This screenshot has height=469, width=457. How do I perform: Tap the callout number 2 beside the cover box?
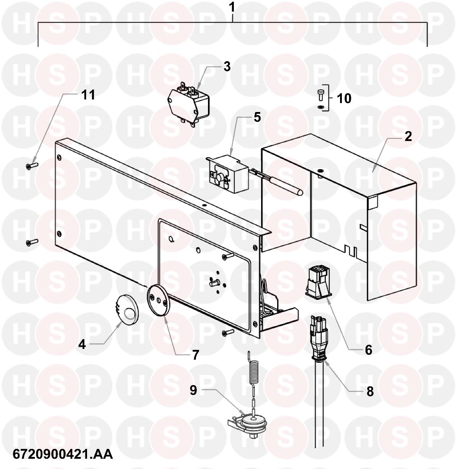(408, 137)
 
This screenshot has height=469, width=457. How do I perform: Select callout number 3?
(227, 66)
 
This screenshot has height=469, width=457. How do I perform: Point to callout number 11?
(88, 95)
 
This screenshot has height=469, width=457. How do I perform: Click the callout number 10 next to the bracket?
(344, 99)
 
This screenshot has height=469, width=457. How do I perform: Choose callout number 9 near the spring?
(194, 390)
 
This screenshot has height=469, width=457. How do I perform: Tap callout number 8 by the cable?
(370, 391)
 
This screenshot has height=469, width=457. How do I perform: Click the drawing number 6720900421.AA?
(63, 454)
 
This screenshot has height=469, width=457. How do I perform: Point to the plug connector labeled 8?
(319, 337)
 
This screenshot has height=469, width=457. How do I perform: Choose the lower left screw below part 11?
(32, 242)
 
